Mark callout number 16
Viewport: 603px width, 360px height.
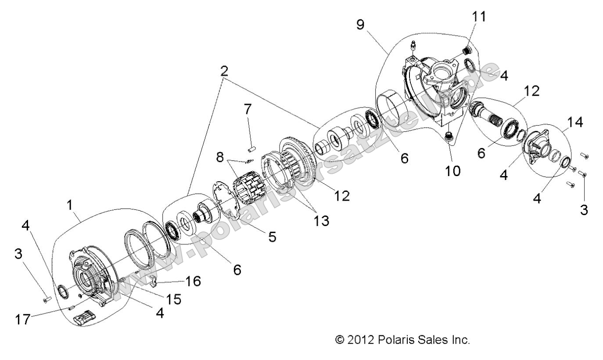[x=192, y=281]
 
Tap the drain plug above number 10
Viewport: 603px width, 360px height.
[x=449, y=139]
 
